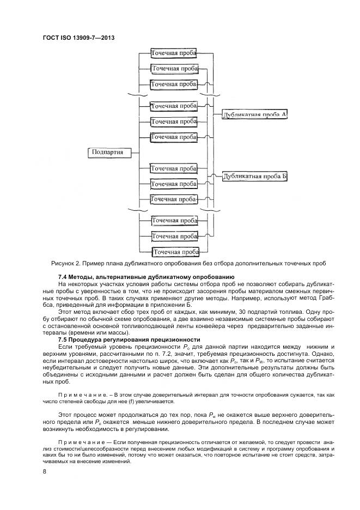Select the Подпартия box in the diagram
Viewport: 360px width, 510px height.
[x=107, y=152]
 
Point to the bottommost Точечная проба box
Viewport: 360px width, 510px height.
[x=175, y=252]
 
